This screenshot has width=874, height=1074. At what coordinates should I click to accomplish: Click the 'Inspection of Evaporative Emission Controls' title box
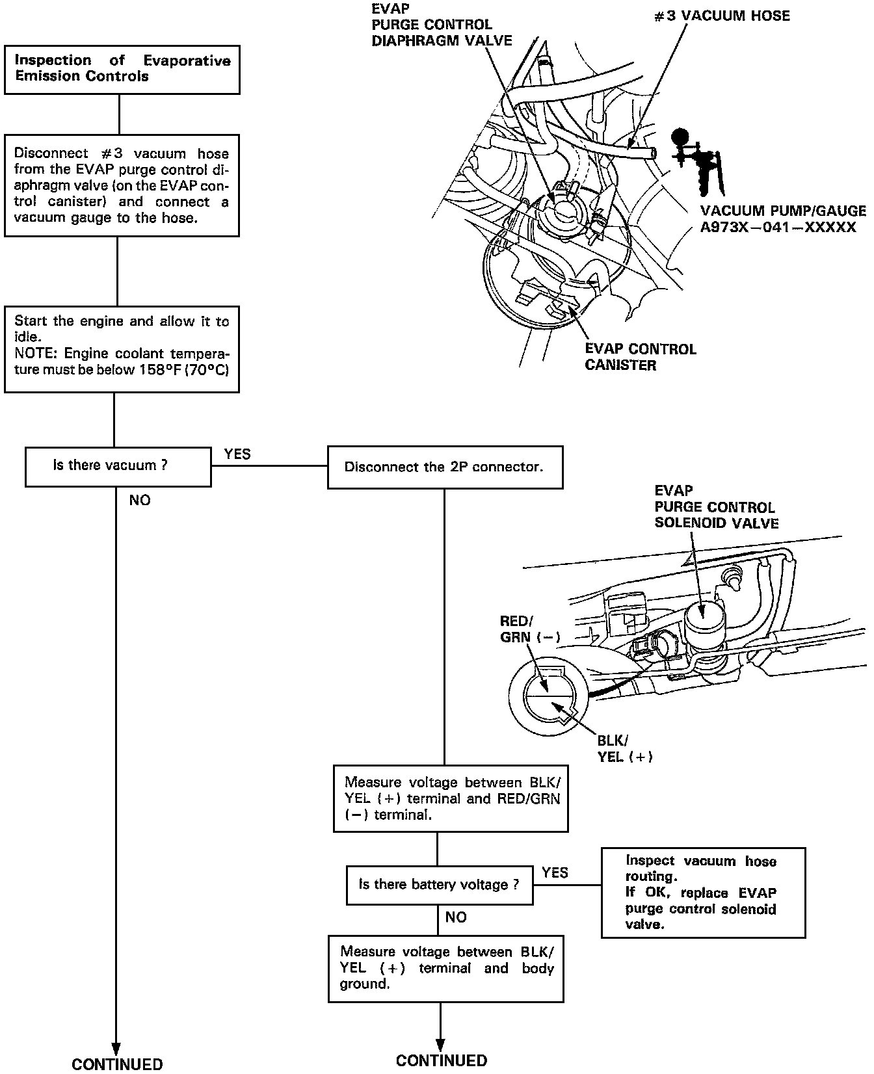click(x=122, y=69)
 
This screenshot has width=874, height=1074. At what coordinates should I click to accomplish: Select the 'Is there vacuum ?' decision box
click(x=118, y=465)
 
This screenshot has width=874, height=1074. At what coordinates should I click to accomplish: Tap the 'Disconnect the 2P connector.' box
click(x=445, y=467)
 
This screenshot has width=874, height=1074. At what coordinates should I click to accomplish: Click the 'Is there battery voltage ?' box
click(x=439, y=885)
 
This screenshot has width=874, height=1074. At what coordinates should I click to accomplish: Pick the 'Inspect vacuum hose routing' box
click(x=702, y=892)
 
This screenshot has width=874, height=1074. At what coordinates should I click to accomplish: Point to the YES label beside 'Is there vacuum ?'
click(x=237, y=454)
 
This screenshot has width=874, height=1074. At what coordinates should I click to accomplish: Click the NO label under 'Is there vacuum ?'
click(x=140, y=501)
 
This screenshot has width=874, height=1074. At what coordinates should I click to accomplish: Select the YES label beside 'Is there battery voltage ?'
click(x=555, y=872)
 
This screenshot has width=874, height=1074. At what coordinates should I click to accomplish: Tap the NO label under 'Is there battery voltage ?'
click(x=456, y=917)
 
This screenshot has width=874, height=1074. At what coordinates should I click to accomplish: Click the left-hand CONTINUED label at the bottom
click(x=117, y=1064)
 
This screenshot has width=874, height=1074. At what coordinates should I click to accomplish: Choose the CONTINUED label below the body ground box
click(x=441, y=1061)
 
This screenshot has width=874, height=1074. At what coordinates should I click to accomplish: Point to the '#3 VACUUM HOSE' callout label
click(x=722, y=16)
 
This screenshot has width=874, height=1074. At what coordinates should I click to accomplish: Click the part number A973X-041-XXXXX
click(x=778, y=228)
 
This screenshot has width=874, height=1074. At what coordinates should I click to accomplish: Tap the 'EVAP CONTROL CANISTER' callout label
click(x=640, y=357)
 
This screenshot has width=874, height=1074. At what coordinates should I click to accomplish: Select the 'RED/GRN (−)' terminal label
click(x=529, y=629)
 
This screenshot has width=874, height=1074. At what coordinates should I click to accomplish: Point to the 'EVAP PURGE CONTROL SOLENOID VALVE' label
click(x=716, y=507)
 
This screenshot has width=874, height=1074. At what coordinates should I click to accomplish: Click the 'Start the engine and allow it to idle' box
click(x=122, y=349)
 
